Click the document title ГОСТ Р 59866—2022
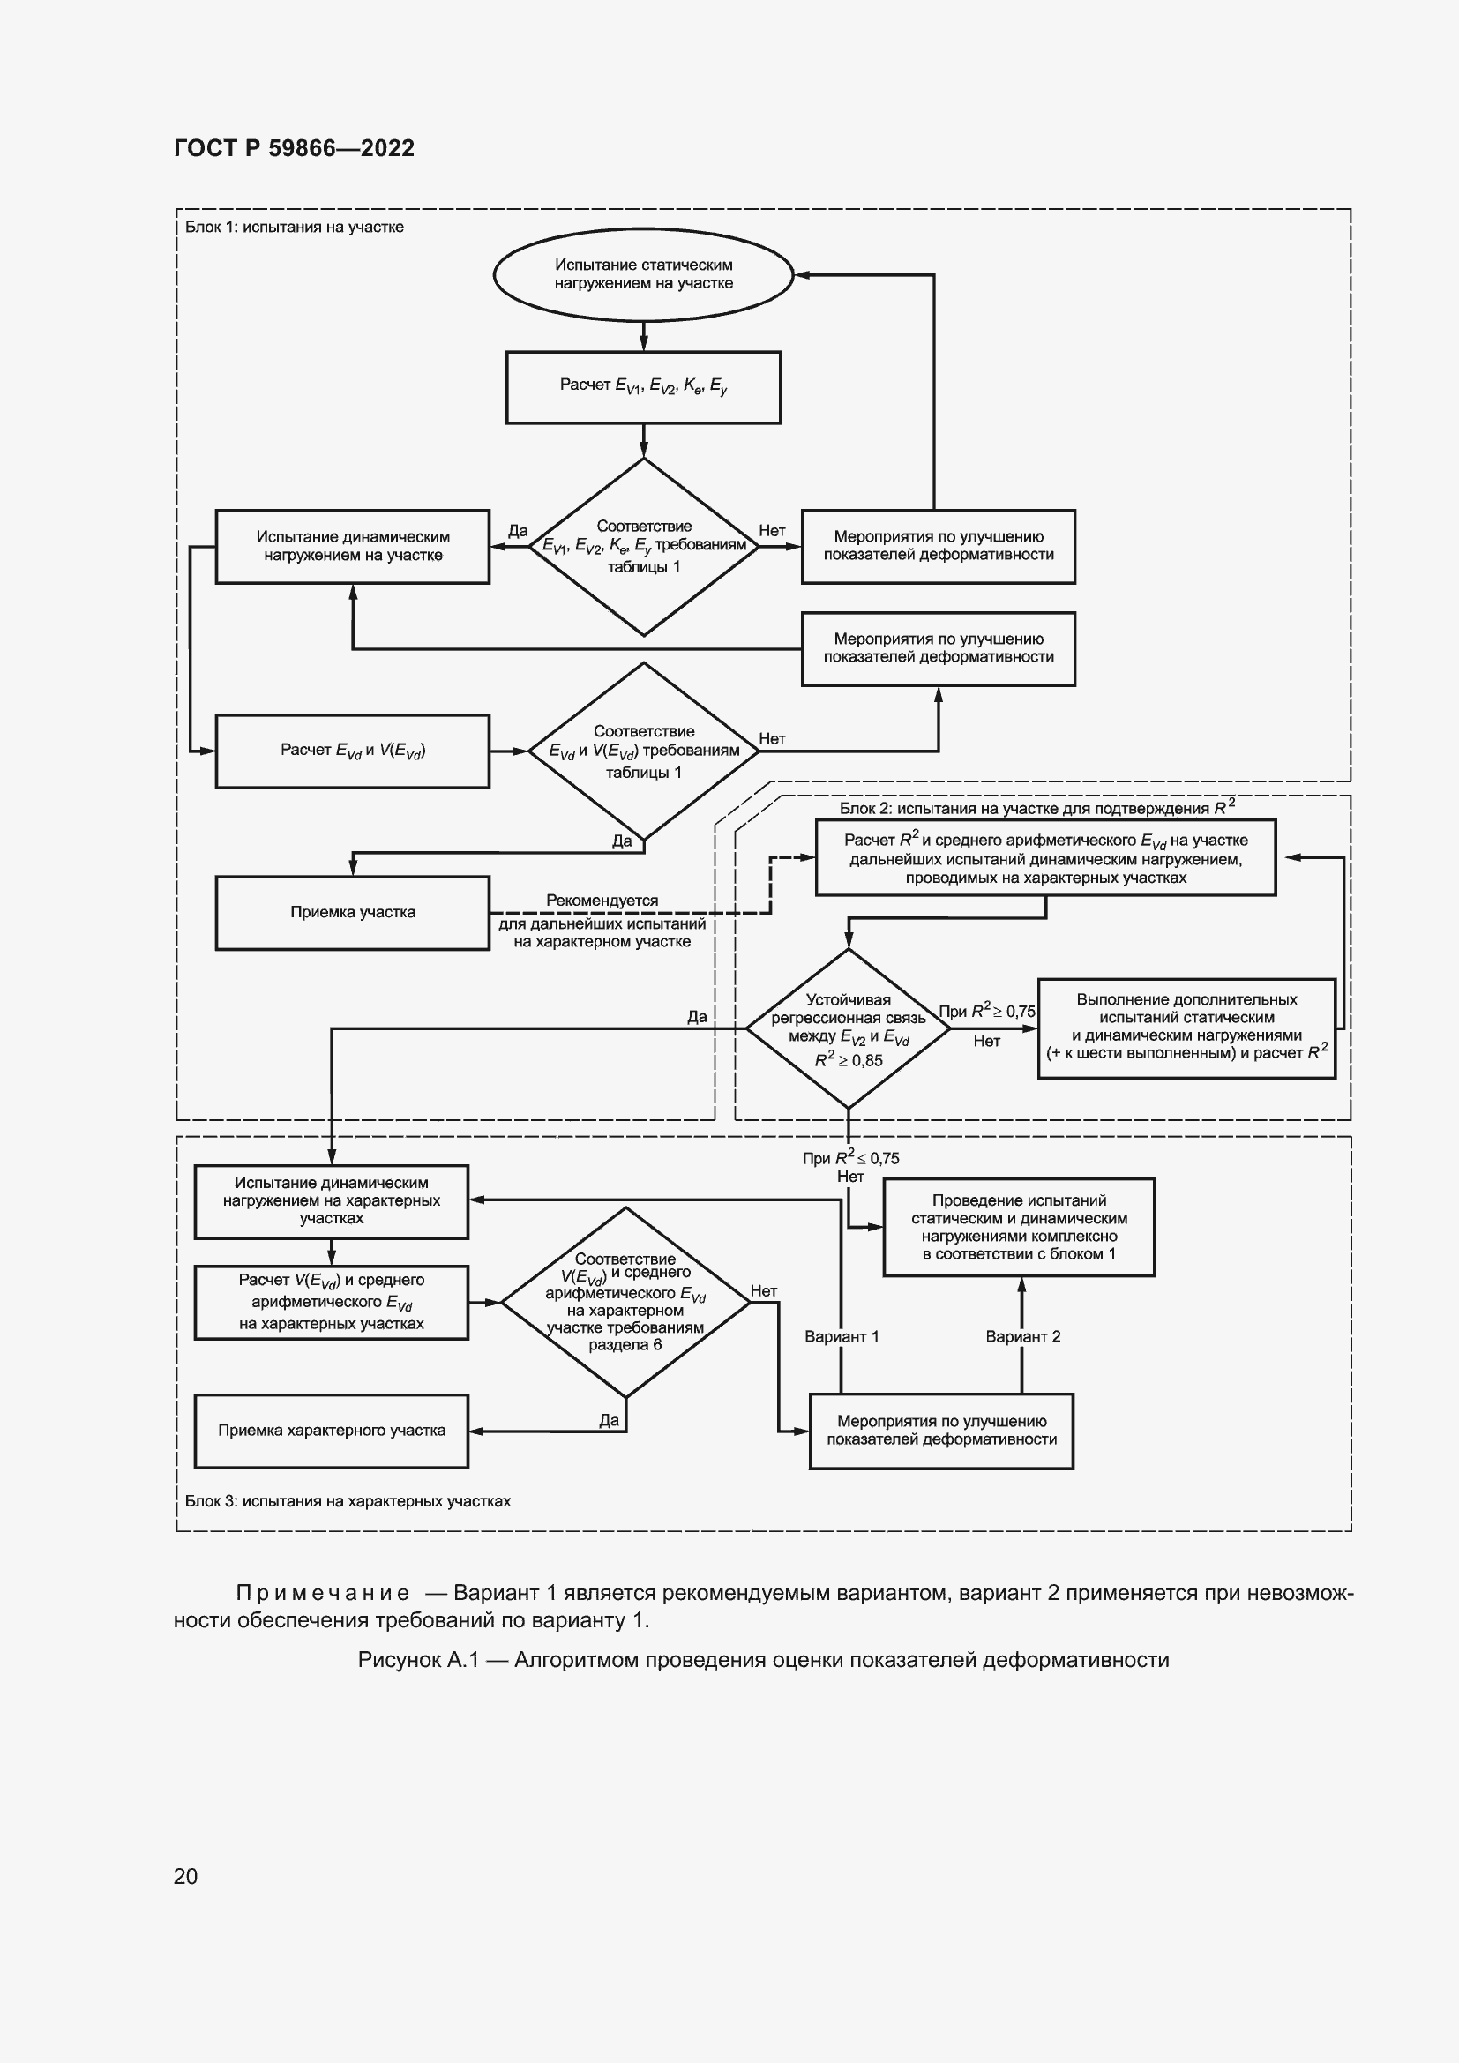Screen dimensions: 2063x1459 click(294, 148)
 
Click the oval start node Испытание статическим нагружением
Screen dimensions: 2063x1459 click(643, 274)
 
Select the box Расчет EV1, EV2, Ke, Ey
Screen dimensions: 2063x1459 click(643, 387)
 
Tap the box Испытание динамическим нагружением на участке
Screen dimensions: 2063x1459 click(352, 546)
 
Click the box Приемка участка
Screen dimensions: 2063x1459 click(352, 913)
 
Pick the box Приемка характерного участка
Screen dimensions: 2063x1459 click(332, 1431)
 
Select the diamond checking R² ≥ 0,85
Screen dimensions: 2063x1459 click(848, 1028)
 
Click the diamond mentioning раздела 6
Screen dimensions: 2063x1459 click(625, 1302)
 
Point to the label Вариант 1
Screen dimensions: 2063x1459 click(841, 1336)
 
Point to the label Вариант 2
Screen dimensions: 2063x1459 click(1022, 1336)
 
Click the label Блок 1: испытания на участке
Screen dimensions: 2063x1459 click(294, 228)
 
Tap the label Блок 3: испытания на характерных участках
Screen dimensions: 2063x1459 click(348, 1500)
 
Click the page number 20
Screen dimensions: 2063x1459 click(185, 1876)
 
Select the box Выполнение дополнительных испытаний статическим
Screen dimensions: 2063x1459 click(1186, 1027)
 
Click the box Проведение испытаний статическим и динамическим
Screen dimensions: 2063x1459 click(1019, 1227)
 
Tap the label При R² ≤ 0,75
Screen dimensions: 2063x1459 click(850, 1158)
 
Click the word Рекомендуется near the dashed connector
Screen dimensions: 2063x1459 click(602, 901)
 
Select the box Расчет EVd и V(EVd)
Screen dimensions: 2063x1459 click(352, 751)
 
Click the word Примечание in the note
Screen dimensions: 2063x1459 click(323, 1593)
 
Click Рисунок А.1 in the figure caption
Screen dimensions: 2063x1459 click(418, 1660)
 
